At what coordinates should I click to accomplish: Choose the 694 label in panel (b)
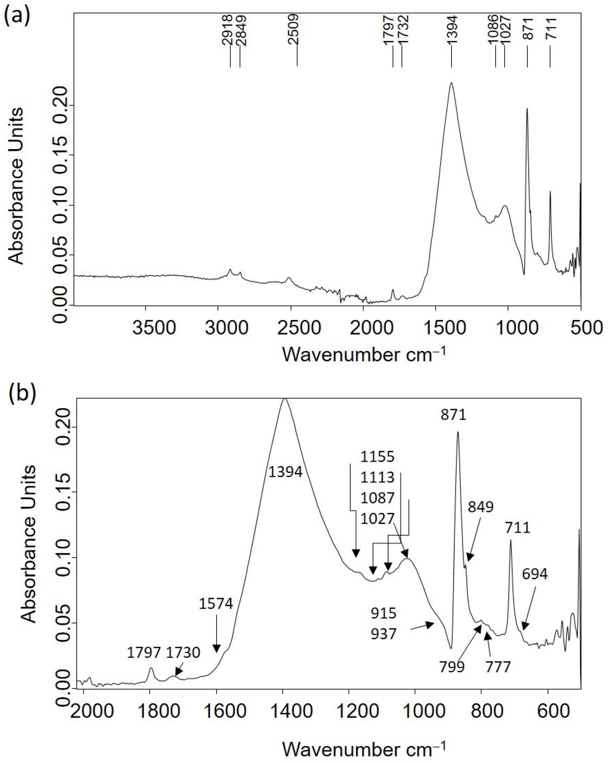[x=535, y=574]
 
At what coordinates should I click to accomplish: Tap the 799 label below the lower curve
[x=452, y=667]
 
